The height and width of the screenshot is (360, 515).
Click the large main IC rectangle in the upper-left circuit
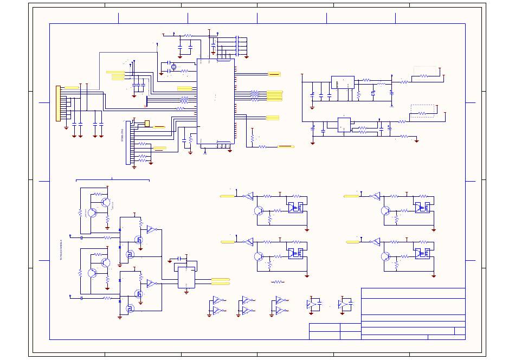(215, 101)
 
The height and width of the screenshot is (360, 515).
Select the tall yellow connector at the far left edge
(58, 103)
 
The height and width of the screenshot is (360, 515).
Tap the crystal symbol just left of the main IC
(173, 67)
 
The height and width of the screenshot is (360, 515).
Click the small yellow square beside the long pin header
(147, 124)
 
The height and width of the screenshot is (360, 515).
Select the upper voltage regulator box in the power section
(342, 82)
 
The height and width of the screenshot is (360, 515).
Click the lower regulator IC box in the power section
(344, 125)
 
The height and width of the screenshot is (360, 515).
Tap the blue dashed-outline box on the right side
(423, 111)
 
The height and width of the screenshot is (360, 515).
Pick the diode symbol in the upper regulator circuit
(373, 93)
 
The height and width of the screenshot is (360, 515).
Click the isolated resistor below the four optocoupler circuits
(278, 282)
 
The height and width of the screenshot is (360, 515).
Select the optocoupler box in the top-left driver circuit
(296, 207)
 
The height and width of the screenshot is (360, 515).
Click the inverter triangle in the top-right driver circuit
(375, 196)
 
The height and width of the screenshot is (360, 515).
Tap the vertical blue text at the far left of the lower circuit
(61, 250)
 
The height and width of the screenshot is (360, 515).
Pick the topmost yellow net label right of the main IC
(274, 74)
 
